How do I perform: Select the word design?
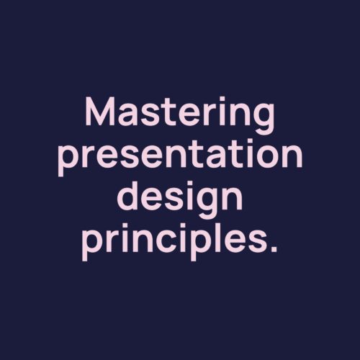point(179,199)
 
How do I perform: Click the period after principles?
point(273,248)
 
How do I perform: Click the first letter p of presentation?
point(69,161)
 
